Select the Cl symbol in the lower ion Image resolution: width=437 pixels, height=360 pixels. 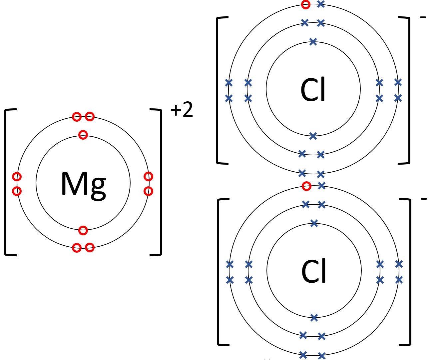[x=314, y=271]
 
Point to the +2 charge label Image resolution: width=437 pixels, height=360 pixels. [x=182, y=110]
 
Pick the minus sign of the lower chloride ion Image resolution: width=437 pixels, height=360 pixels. [x=424, y=199]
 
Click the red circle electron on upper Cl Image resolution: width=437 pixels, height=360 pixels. [x=305, y=4]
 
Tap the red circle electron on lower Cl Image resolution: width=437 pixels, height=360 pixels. [x=306, y=186]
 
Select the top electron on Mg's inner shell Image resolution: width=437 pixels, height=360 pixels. [x=83, y=135]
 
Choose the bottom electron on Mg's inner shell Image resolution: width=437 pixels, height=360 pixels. [x=83, y=230]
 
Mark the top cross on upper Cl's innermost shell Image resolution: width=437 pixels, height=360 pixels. [x=313, y=42]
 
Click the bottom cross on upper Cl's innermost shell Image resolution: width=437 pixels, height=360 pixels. [x=313, y=136]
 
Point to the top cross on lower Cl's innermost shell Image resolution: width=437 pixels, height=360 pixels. [x=314, y=223]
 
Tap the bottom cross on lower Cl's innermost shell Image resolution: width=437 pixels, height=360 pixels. [x=314, y=318]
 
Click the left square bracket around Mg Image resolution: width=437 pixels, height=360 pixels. [x=7, y=182]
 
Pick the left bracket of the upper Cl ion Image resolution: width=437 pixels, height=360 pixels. [x=218, y=90]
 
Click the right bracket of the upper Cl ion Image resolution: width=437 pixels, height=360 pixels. [x=408, y=90]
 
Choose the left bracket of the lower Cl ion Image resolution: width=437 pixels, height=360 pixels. [x=219, y=272]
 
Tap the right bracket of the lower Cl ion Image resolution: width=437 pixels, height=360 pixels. [x=409, y=272]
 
